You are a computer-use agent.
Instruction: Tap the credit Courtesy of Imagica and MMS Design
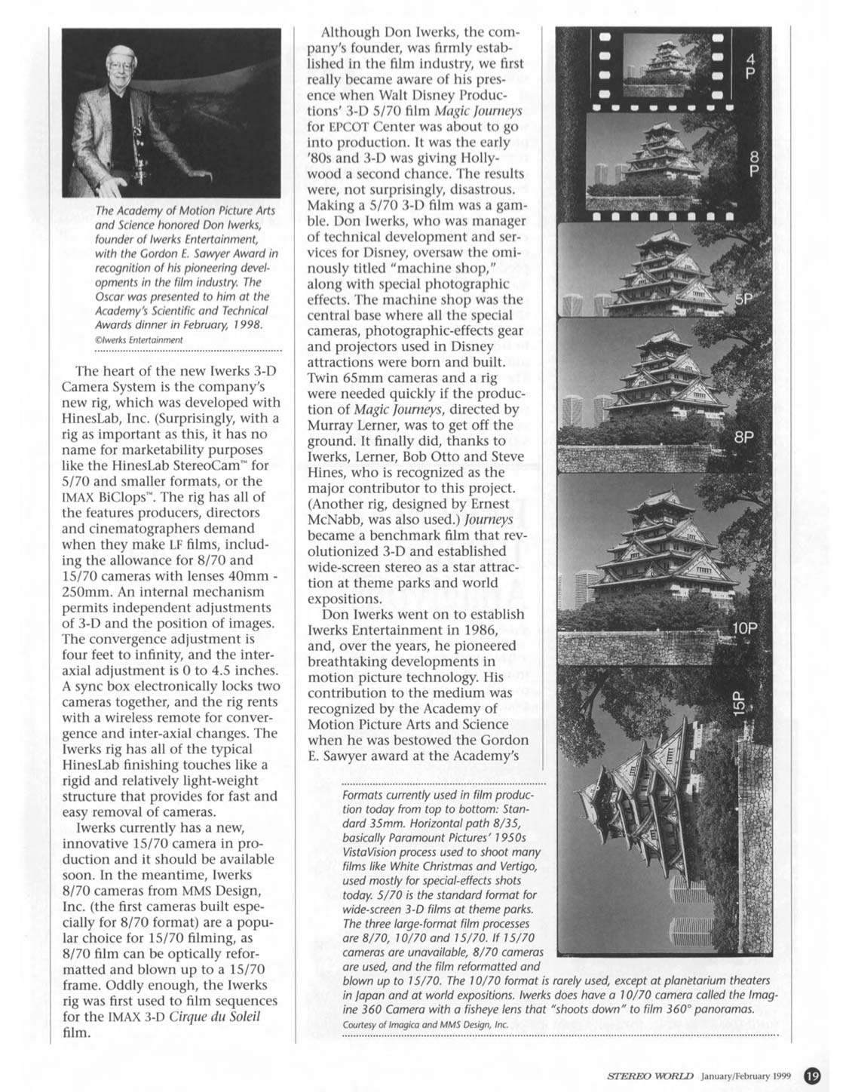point(425,1024)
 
